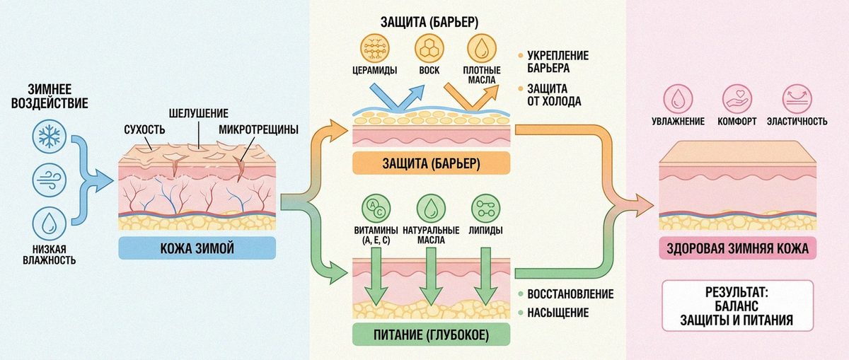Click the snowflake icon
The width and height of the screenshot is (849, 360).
coord(50,137)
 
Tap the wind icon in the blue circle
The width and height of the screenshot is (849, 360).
coord(50,180)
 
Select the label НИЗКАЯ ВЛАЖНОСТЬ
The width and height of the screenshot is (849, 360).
coord(50,255)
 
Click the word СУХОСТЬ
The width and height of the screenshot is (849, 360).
coord(145,130)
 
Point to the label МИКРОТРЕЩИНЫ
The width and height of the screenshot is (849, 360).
coord(258,130)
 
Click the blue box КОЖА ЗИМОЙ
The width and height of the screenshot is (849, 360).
coord(197,248)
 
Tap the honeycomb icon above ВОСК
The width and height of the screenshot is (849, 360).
coord(429,48)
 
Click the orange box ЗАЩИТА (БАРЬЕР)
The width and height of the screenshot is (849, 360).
coord(432,163)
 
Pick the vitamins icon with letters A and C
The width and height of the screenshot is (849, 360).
coord(376,209)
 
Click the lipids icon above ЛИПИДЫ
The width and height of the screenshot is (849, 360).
coord(485,209)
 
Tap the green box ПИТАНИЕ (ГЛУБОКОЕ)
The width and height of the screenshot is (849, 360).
coord(432,335)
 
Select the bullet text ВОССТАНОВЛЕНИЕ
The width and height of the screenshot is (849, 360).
coord(570,294)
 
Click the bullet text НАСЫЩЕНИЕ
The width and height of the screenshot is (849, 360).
coord(558,313)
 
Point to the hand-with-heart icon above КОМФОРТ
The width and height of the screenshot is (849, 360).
coord(737,99)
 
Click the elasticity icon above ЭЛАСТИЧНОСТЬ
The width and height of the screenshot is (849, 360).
coord(797,99)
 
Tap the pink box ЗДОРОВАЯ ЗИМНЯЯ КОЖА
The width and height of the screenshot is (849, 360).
coord(737,248)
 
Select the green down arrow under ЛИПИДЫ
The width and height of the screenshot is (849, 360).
coord(486,277)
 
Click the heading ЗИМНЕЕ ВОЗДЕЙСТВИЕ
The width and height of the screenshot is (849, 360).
coord(50,96)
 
